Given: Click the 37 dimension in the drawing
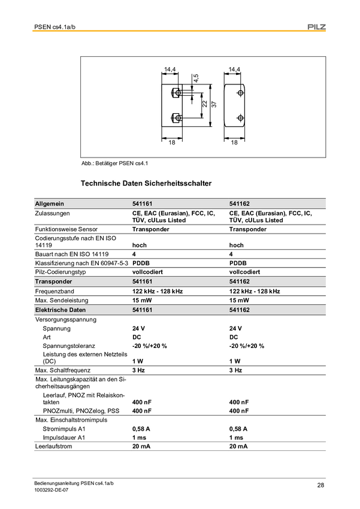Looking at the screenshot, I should (x=213, y=104).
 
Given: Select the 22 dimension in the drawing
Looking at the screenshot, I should (x=204, y=104).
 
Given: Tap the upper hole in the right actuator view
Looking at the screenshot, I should (x=240, y=93).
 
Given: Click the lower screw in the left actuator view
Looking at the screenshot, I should (x=176, y=117).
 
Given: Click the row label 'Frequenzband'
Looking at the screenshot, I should (x=55, y=291).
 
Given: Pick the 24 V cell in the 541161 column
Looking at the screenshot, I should (x=138, y=329).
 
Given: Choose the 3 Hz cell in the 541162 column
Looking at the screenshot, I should (x=235, y=371).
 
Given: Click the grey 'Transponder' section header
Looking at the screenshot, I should (x=54, y=281).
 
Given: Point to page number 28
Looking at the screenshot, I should (x=320, y=485).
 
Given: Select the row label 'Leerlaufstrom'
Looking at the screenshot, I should (x=53, y=447).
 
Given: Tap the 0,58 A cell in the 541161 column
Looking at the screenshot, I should (x=141, y=429).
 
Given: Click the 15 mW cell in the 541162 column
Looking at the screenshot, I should (x=239, y=300).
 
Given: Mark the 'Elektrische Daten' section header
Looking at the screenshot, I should (x=60, y=310).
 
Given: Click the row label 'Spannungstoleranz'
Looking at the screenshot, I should (x=71, y=346).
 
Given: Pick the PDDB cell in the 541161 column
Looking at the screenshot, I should (x=141, y=263).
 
